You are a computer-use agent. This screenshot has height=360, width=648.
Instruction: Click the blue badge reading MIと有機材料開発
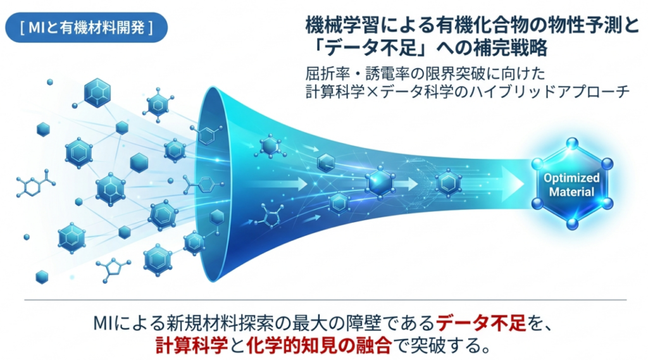(x=86, y=27)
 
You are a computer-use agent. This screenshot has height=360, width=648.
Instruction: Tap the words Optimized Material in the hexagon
(x=571, y=185)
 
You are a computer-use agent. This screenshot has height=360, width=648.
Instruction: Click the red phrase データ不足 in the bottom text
(x=481, y=323)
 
